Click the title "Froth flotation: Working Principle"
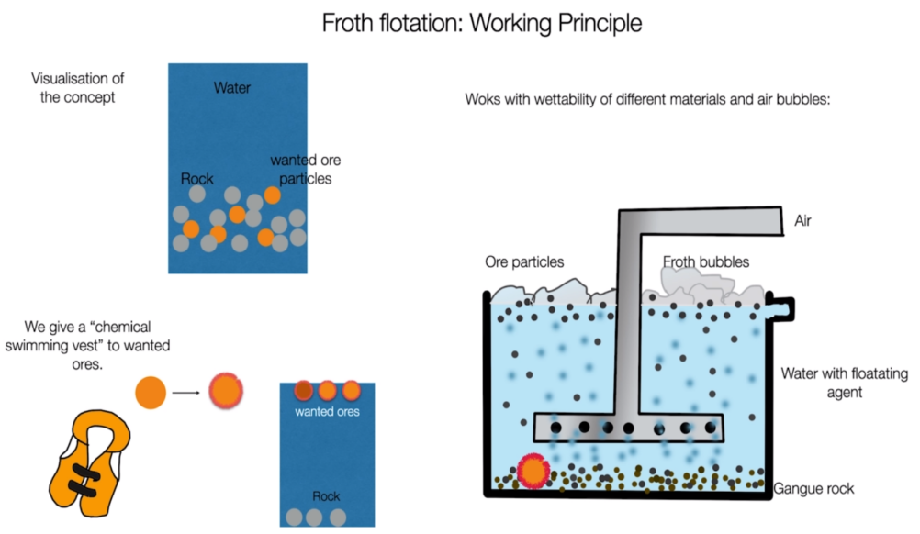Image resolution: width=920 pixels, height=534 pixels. [x=482, y=24]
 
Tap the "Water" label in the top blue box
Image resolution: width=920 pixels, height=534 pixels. [x=231, y=88]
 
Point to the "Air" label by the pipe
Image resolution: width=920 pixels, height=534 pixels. [x=802, y=220]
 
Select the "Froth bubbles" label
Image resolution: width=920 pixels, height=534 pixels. [x=706, y=261]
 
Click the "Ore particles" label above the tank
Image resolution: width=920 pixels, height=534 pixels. [x=524, y=262]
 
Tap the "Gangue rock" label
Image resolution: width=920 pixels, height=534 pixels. [x=813, y=488]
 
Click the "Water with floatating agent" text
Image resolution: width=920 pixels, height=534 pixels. [x=845, y=383]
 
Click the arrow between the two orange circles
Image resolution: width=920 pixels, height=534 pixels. [x=186, y=392]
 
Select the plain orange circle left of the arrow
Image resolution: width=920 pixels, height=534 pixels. [x=151, y=392]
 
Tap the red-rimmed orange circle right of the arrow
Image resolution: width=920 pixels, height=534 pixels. [x=226, y=391]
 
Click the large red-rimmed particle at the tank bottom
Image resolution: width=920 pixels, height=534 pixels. [x=533, y=471]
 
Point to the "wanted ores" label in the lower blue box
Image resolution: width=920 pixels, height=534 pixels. [x=327, y=411]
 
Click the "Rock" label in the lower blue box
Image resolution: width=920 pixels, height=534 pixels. [x=326, y=496]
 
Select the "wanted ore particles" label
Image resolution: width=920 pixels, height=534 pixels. [x=305, y=170]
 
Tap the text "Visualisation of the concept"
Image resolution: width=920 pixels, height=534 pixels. [x=77, y=88]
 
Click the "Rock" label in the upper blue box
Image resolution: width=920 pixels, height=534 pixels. [x=197, y=179]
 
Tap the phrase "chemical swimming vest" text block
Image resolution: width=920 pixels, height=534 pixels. [x=87, y=345]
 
